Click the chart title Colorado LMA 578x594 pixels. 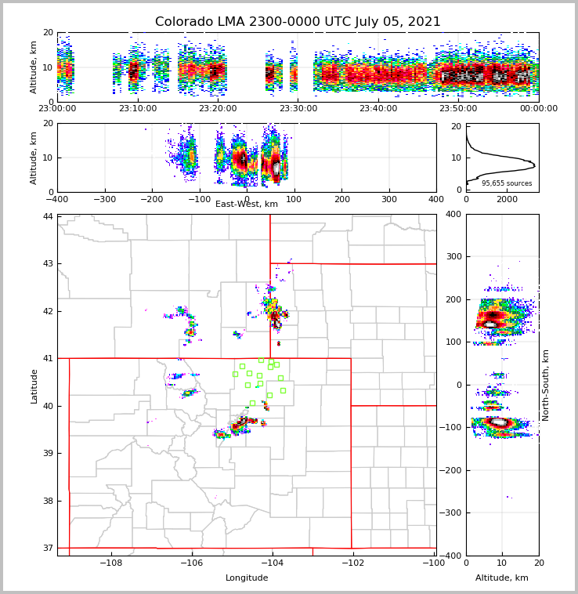(298, 22)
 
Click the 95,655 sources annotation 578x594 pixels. (507, 183)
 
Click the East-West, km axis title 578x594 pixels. (247, 205)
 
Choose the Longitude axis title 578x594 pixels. (247, 578)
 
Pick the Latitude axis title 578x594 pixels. (34, 386)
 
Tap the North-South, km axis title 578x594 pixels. (546, 385)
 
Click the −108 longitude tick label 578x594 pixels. (110, 563)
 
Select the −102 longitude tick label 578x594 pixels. (352, 563)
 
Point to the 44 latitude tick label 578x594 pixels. (48, 216)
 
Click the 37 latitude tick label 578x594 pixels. (48, 548)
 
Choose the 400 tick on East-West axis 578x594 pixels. (436, 199)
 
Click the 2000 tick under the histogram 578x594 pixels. (508, 199)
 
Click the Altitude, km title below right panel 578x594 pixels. (502, 578)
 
